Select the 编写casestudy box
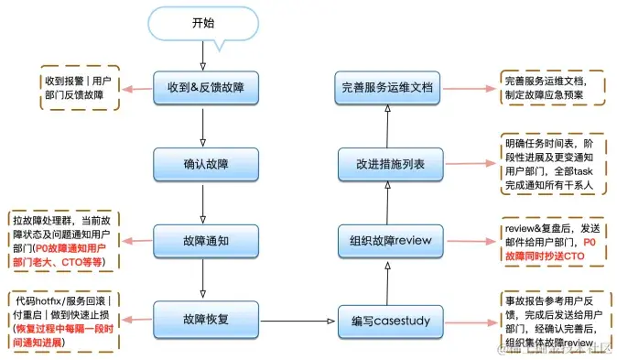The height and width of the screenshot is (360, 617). coord(391,321)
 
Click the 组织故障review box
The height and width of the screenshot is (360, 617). coord(391,243)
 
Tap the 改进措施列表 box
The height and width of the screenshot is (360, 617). coord(391,166)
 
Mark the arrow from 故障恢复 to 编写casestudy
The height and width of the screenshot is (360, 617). coord(295,321)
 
